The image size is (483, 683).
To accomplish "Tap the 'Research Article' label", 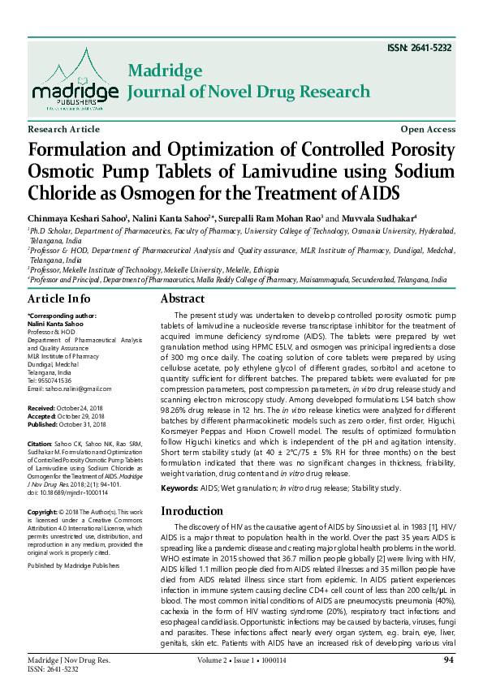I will coord(64,130).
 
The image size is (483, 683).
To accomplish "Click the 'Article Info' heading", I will coord(59,299).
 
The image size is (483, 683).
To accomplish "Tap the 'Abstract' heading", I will coord(188,299).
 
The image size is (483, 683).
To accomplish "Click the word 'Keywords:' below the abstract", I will coord(179,488).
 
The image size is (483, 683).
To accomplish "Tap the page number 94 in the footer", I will coord(448,659).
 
